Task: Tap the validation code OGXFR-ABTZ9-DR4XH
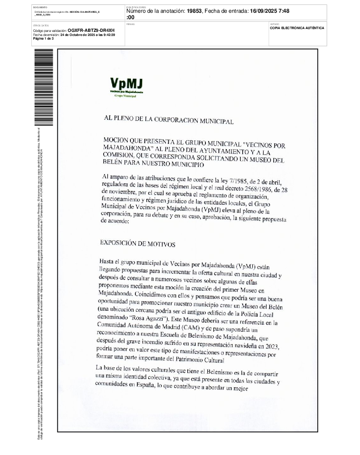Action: pos(91,30)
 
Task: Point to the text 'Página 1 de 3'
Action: pos(44,39)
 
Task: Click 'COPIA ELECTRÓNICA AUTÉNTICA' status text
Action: pos(297,28)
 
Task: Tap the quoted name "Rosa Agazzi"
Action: pos(146,317)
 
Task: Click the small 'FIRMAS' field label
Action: pos(130,24)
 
